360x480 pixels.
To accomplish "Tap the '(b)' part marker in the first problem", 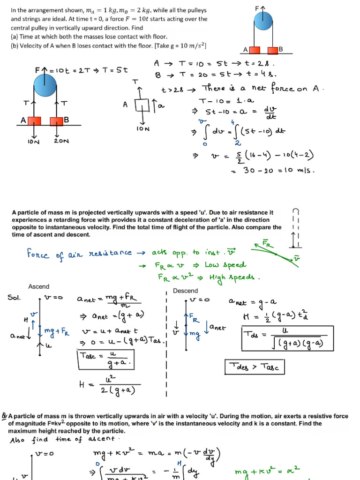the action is click(15, 45).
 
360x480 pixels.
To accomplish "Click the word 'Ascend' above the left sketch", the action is click(38, 286).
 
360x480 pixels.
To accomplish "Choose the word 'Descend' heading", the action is click(186, 291).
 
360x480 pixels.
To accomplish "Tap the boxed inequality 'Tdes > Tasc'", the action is click(255, 367).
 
